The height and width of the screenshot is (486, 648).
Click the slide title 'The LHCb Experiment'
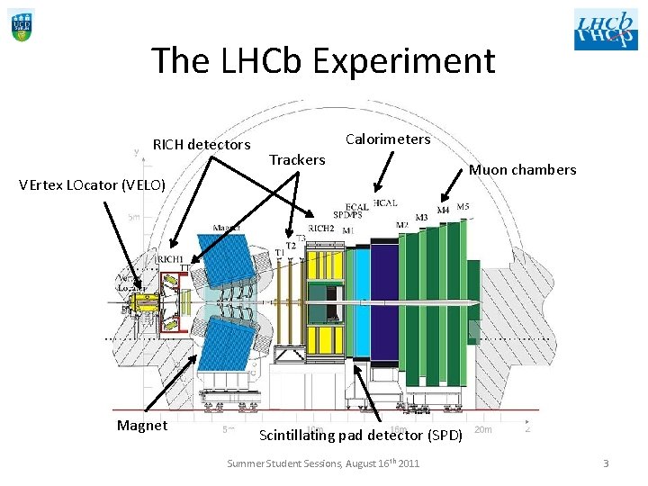click(x=323, y=61)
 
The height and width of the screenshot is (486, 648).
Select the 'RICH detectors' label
click(x=202, y=144)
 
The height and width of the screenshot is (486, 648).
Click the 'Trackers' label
click(x=298, y=159)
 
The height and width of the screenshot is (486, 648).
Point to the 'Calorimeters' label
click(x=388, y=139)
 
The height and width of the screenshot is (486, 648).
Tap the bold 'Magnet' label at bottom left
click(x=142, y=426)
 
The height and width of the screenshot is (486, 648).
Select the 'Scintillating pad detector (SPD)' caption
click(x=360, y=436)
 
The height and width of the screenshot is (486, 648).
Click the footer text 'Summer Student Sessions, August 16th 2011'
click(x=323, y=463)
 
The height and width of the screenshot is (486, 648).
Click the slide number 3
click(x=606, y=463)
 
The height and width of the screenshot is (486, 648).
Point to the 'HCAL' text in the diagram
click(x=384, y=203)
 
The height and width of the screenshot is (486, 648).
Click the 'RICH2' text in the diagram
click(x=321, y=229)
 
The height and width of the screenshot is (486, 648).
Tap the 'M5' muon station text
click(x=463, y=207)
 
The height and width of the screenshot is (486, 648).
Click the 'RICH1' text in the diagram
click(x=170, y=259)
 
